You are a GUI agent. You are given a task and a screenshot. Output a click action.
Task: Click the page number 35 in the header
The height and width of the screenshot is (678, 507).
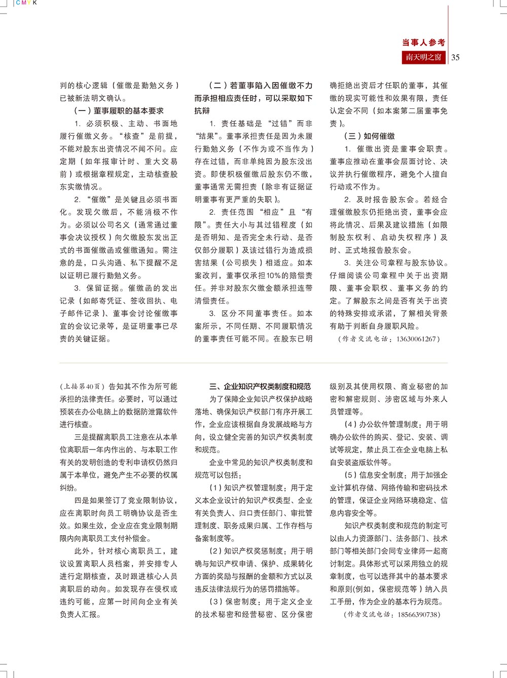pos(455,57)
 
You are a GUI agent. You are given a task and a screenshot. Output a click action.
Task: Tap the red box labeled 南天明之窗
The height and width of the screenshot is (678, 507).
pos(423,57)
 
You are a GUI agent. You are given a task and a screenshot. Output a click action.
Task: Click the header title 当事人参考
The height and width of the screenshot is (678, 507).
pos(423,43)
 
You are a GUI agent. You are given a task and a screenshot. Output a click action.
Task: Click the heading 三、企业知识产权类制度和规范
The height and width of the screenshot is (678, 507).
pos(260,387)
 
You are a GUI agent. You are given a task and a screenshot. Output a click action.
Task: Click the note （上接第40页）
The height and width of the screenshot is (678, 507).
pos(83,387)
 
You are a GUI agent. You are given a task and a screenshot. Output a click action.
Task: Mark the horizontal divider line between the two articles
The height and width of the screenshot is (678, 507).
pos(253,363)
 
